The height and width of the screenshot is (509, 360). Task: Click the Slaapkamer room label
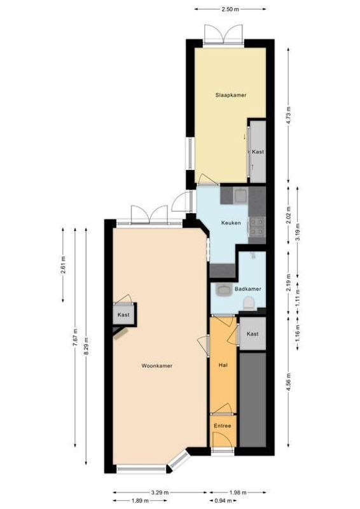230,95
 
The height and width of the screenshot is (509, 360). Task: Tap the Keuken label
230,223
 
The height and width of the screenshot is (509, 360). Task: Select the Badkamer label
247,288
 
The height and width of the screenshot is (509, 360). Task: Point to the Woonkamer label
157,366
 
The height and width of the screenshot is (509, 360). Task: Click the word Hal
223,365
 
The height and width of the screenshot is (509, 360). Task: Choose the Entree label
222,426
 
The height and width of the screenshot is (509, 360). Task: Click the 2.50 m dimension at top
230,10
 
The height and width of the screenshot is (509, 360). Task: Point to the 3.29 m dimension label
160,491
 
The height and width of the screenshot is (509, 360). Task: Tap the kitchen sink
240,196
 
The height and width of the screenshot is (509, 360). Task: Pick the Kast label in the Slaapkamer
258,152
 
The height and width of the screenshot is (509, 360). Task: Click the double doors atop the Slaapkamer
223,33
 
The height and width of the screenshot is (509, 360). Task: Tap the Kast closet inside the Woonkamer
123,314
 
